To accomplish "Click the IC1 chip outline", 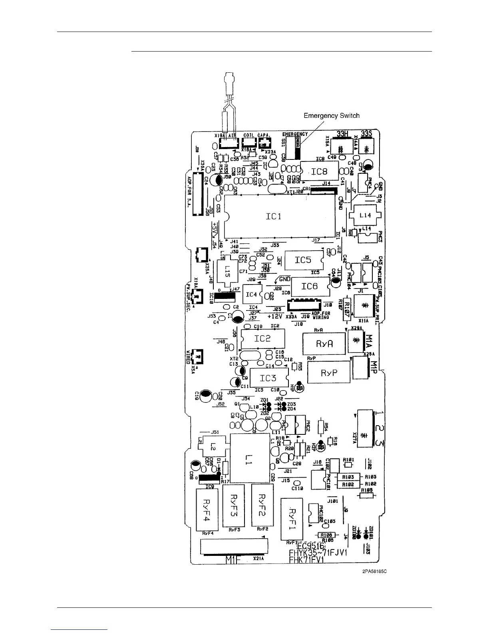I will click(279, 216).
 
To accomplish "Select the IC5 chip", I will click(303, 260).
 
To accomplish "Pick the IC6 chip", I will click(310, 286).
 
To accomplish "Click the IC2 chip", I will click(263, 338).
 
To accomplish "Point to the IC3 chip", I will click(268, 378).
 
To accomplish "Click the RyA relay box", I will click(324, 344).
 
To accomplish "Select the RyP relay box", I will click(329, 373).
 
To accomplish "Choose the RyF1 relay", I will click(292, 519).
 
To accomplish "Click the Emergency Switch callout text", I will click(332, 116).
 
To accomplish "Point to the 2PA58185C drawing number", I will click(374, 571).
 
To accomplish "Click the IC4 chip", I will click(251, 295).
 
